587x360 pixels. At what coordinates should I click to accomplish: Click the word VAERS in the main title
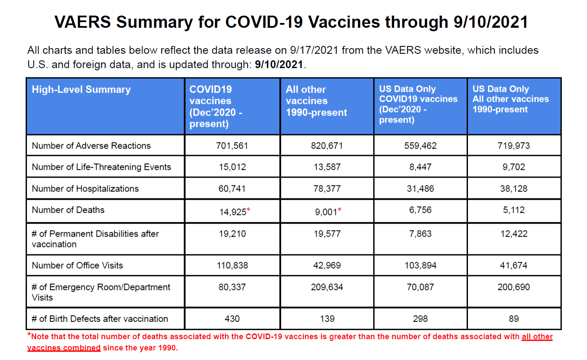point(83,22)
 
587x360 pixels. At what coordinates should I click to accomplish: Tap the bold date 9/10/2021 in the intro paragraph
point(279,64)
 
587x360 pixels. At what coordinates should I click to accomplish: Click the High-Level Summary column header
point(81,89)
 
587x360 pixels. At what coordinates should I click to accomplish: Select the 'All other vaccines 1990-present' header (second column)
point(316,101)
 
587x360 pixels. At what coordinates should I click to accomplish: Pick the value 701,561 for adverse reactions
point(232,145)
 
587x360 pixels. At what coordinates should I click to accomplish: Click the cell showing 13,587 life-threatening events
point(327,167)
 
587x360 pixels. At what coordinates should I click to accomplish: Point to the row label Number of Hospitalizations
point(85,188)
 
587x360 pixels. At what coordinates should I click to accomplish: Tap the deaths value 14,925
point(233,212)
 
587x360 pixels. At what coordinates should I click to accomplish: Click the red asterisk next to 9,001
point(340,209)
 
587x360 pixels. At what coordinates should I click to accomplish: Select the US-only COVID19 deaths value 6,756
point(420,210)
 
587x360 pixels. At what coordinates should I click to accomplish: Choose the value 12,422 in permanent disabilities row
point(514,234)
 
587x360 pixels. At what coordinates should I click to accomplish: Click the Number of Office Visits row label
point(77,265)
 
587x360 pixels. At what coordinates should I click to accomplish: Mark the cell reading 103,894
point(420,265)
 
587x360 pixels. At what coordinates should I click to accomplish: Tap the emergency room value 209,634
point(327,287)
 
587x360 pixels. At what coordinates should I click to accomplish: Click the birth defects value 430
point(232,319)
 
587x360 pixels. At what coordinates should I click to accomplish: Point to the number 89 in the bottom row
point(514,319)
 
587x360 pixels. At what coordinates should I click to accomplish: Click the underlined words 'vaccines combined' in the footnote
point(64,348)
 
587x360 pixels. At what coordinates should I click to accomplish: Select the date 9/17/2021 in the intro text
point(314,50)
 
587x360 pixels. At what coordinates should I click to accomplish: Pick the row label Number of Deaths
point(68,210)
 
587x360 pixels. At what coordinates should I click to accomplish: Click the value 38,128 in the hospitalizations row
point(514,188)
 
